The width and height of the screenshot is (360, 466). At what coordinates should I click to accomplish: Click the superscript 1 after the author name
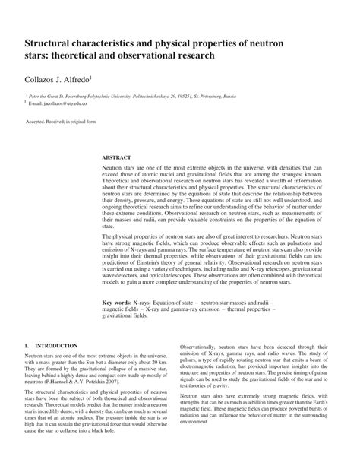click(92, 75)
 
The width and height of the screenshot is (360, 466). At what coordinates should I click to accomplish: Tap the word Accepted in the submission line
click(39, 122)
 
